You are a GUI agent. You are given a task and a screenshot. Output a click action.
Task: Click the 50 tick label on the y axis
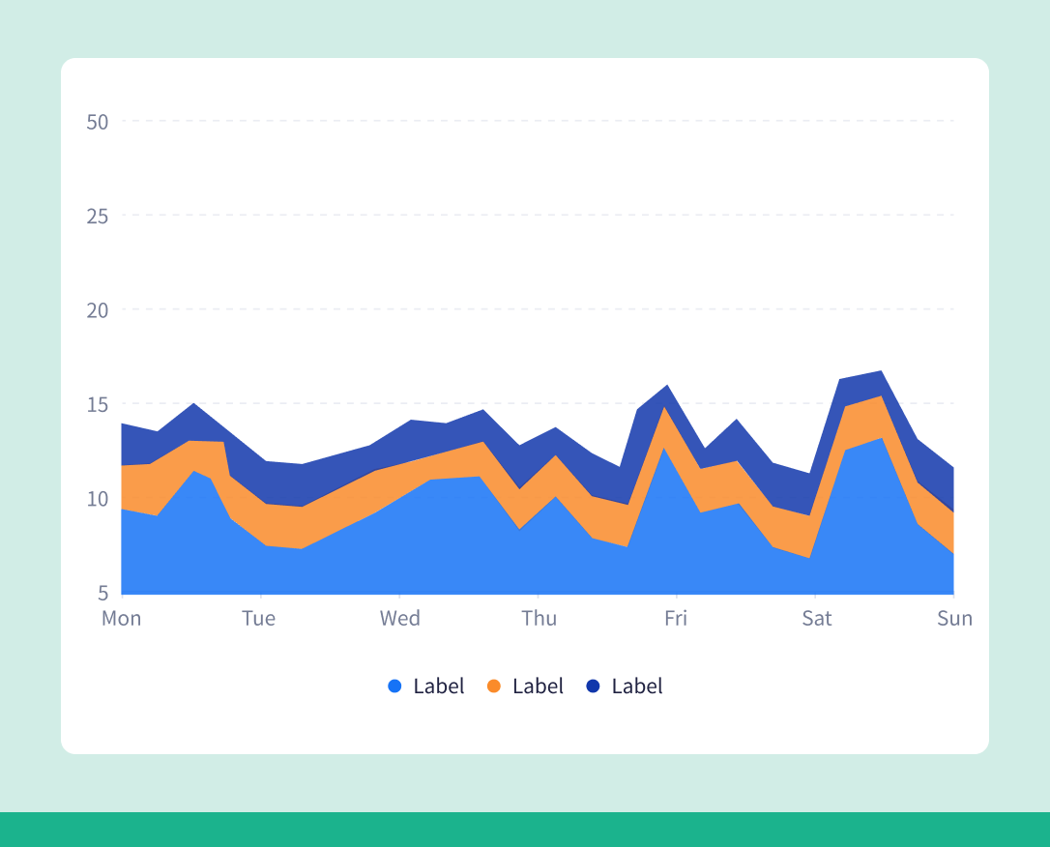pyautogui.click(x=97, y=122)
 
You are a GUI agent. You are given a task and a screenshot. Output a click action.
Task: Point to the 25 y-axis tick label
pyautogui.click(x=97, y=216)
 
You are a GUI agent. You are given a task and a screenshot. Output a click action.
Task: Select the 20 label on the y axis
pyautogui.click(x=97, y=309)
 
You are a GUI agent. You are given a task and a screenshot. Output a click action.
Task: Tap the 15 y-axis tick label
pyautogui.click(x=97, y=403)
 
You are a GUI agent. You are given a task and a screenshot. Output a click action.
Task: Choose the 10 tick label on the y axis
pyautogui.click(x=97, y=498)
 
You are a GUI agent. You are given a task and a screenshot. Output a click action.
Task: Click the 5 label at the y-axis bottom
pyautogui.click(x=102, y=592)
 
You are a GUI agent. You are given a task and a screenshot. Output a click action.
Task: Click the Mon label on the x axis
pyautogui.click(x=122, y=618)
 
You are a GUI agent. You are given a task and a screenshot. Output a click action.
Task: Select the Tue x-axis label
pyautogui.click(x=258, y=618)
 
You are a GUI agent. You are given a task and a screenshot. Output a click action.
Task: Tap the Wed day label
pyautogui.click(x=399, y=618)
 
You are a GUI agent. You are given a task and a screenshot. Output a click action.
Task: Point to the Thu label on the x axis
pyautogui.click(x=539, y=618)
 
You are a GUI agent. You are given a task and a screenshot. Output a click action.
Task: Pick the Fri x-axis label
pyautogui.click(x=676, y=618)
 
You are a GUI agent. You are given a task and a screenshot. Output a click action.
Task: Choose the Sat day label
pyautogui.click(x=816, y=618)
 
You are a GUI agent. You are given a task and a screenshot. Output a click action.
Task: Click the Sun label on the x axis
pyautogui.click(x=954, y=618)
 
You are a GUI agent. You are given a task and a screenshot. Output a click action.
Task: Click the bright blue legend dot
pyautogui.click(x=394, y=686)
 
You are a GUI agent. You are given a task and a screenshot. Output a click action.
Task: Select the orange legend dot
pyautogui.click(x=494, y=686)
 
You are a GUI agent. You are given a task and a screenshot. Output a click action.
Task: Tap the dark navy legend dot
pyautogui.click(x=593, y=686)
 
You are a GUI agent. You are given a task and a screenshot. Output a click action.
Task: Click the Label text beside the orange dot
pyautogui.click(x=538, y=686)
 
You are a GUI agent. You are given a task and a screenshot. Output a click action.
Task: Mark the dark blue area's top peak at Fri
pyautogui.click(x=666, y=385)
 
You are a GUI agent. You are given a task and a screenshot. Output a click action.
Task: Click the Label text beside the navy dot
pyautogui.click(x=637, y=686)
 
